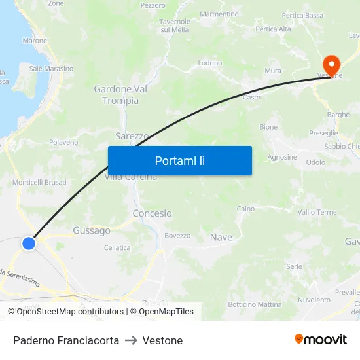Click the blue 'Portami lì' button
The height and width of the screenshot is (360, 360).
pyautogui.click(x=179, y=160)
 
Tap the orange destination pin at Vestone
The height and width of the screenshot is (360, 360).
pyautogui.click(x=331, y=64)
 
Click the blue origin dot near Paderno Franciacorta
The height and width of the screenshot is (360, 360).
pyautogui.click(x=29, y=243)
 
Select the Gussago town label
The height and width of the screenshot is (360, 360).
pyautogui.click(x=92, y=230)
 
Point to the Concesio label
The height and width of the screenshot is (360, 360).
pyautogui.click(x=152, y=213)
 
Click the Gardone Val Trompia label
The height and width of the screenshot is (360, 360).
pyautogui.click(x=117, y=95)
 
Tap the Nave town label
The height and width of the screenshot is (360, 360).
pyautogui.click(x=221, y=237)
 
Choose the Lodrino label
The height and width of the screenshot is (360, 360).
pyautogui.click(x=210, y=63)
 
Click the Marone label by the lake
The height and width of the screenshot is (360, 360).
pyautogui.click(x=35, y=41)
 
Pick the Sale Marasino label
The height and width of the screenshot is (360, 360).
pyautogui.click(x=51, y=69)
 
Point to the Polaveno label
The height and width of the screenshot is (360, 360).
pyautogui.click(x=63, y=142)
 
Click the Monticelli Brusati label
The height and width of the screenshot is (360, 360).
pyautogui.click(x=39, y=182)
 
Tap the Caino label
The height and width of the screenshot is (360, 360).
pyautogui.click(x=245, y=209)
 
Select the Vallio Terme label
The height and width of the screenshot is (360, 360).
pyautogui.click(x=317, y=212)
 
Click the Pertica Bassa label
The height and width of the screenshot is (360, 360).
pyautogui.click(x=302, y=15)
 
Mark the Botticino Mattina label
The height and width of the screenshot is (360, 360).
pyautogui.click(x=255, y=304)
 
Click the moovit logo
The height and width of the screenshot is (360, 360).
pyautogui.click(x=321, y=340)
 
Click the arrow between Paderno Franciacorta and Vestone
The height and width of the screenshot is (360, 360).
pyautogui.click(x=130, y=340)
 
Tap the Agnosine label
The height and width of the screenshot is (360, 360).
pyautogui.click(x=282, y=157)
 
